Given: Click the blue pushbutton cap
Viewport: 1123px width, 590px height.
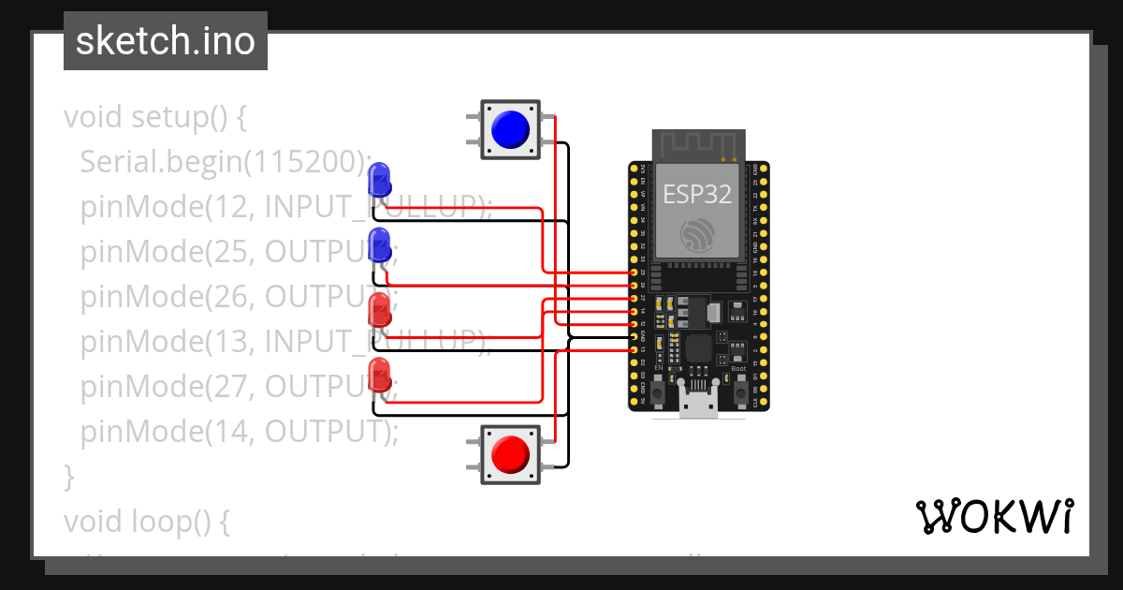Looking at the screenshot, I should coord(510,128).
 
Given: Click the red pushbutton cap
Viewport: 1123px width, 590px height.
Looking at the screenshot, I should coord(510,454).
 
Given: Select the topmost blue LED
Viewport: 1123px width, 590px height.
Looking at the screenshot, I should coord(379,178).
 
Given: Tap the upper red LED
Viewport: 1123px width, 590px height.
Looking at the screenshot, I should coord(379,308).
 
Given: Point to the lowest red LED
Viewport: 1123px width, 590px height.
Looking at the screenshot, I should coord(379,374).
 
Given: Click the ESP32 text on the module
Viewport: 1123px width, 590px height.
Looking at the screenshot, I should coord(697,194).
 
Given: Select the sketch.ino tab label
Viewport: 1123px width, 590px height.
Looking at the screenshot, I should coord(166,41).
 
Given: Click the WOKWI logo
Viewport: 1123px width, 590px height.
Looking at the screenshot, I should coord(993,516).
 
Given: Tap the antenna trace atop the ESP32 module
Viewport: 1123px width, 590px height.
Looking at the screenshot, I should coord(698,144).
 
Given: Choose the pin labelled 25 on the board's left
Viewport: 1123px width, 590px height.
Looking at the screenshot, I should coord(634,272).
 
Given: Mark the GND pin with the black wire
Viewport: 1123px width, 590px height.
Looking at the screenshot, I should coord(634,336).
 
